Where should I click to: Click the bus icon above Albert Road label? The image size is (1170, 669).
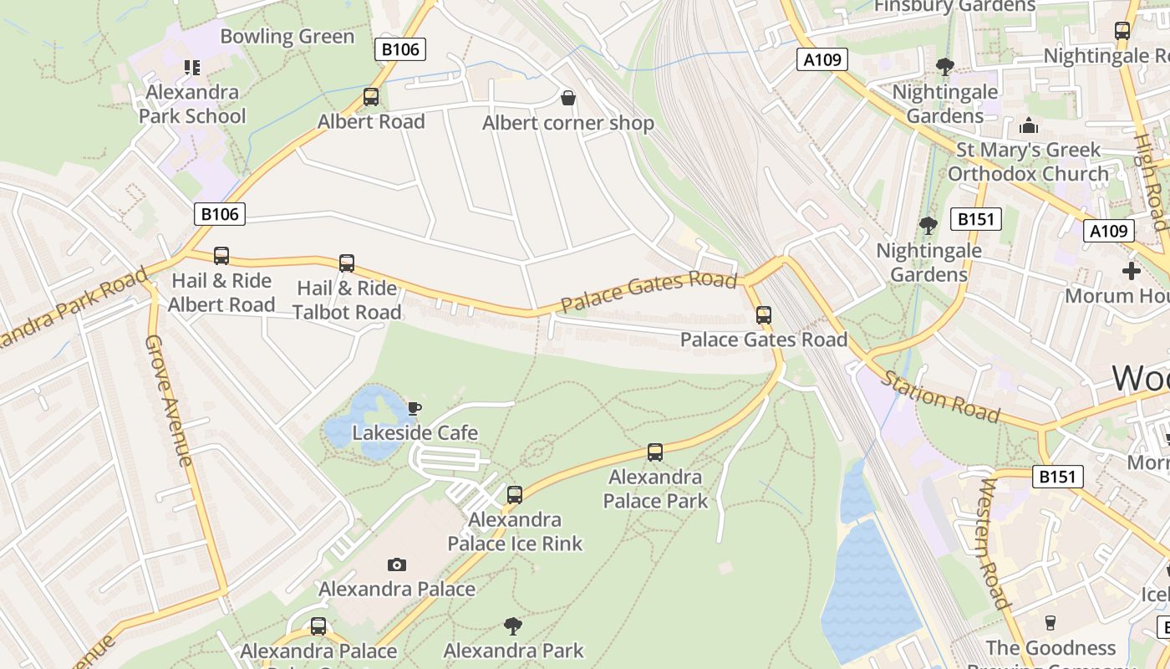tap(371, 97)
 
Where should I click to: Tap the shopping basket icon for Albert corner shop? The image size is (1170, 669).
tap(568, 99)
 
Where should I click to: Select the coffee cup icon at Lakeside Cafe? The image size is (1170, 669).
tap(414, 408)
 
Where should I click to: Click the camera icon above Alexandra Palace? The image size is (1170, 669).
tap(397, 565)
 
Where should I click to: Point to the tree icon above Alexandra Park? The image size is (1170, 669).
tap(513, 626)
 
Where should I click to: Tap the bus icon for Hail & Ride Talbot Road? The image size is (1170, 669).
tap(347, 263)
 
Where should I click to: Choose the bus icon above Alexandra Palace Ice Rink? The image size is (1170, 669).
tap(515, 494)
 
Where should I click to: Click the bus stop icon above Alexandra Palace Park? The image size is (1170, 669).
tap(655, 452)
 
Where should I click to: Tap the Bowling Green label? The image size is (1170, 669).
tap(287, 37)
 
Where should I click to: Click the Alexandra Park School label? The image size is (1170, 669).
tap(192, 104)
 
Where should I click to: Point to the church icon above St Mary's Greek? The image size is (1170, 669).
tap(1029, 125)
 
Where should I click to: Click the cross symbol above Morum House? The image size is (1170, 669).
tap(1132, 271)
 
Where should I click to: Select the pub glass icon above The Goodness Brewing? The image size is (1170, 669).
tap(1050, 622)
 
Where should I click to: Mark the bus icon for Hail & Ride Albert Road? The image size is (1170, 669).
tap(221, 256)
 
